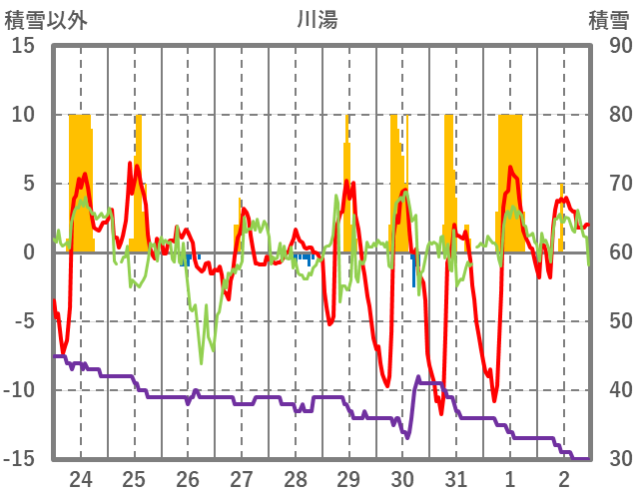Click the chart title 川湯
coord(317,20)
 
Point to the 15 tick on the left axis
coord(23,46)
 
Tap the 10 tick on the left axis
coord(23,115)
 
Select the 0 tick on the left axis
coord(29,252)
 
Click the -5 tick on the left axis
coord(24,321)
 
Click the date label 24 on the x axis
coord(81,479)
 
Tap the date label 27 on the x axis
coord(242,479)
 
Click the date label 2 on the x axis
coord(563,479)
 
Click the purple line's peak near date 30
coord(418,377)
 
